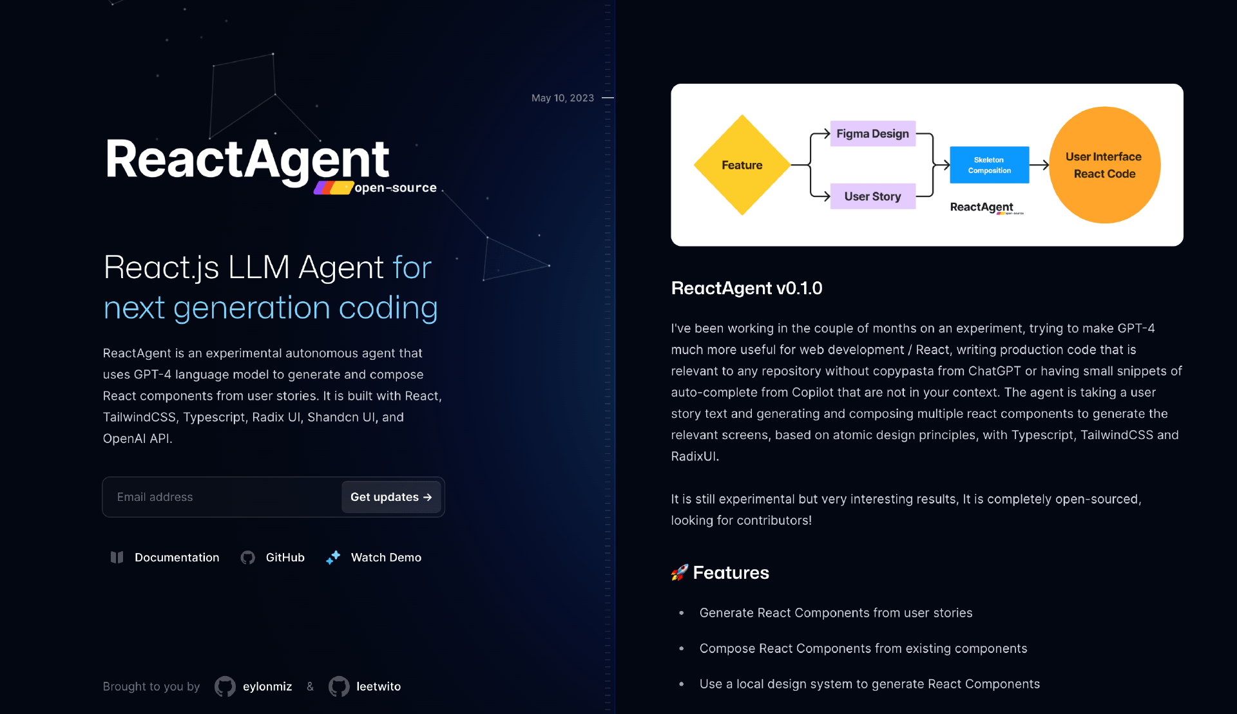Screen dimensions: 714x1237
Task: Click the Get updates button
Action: (x=390, y=497)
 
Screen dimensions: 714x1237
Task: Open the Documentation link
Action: (x=177, y=558)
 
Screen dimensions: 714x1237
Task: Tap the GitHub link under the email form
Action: (x=285, y=558)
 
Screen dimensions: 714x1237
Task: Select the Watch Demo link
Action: (x=386, y=558)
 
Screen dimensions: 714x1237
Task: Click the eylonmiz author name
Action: (x=267, y=687)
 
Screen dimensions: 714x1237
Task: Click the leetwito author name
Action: (x=378, y=687)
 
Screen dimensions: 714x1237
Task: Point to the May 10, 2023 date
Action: (x=562, y=98)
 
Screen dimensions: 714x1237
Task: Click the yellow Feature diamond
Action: (x=742, y=165)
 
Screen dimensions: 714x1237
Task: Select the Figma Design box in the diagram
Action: (x=872, y=134)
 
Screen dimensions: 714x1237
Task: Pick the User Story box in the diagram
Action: (x=872, y=196)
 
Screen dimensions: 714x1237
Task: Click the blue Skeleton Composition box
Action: (x=989, y=165)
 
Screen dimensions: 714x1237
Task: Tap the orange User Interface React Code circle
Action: (x=1104, y=165)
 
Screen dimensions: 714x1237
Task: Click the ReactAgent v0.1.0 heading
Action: (x=747, y=288)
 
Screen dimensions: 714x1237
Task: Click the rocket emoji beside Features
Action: (x=679, y=572)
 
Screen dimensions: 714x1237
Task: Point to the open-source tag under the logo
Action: (x=395, y=188)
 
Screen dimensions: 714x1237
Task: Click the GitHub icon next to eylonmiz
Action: (x=225, y=687)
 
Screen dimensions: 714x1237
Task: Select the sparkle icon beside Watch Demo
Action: (x=333, y=558)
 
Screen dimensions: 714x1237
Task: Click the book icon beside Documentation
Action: (x=117, y=558)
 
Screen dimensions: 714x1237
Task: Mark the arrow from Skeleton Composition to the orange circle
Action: (x=1039, y=165)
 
